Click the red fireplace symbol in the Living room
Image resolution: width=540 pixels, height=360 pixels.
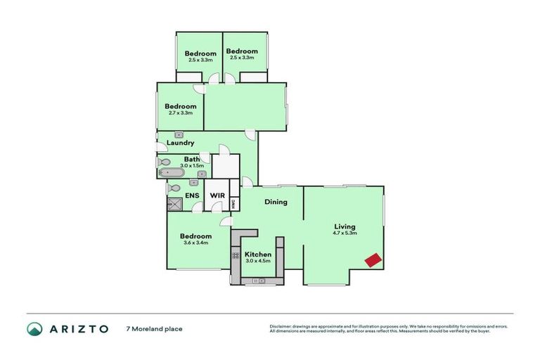(x=373, y=259)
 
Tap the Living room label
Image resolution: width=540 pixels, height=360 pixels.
(x=345, y=226)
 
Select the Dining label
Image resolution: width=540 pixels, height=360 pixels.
(x=275, y=202)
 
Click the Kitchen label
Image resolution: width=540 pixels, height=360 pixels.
(x=257, y=255)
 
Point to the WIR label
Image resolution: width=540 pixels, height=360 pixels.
(x=217, y=195)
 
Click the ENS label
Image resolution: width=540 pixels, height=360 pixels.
(x=191, y=195)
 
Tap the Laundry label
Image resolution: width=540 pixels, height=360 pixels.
(x=180, y=143)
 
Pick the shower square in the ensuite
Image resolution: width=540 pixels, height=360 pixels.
(x=174, y=205)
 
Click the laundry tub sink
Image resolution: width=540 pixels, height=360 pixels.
(x=179, y=134)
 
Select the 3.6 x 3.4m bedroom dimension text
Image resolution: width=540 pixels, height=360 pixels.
(x=195, y=243)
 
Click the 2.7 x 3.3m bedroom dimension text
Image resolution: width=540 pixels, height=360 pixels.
(x=181, y=113)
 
